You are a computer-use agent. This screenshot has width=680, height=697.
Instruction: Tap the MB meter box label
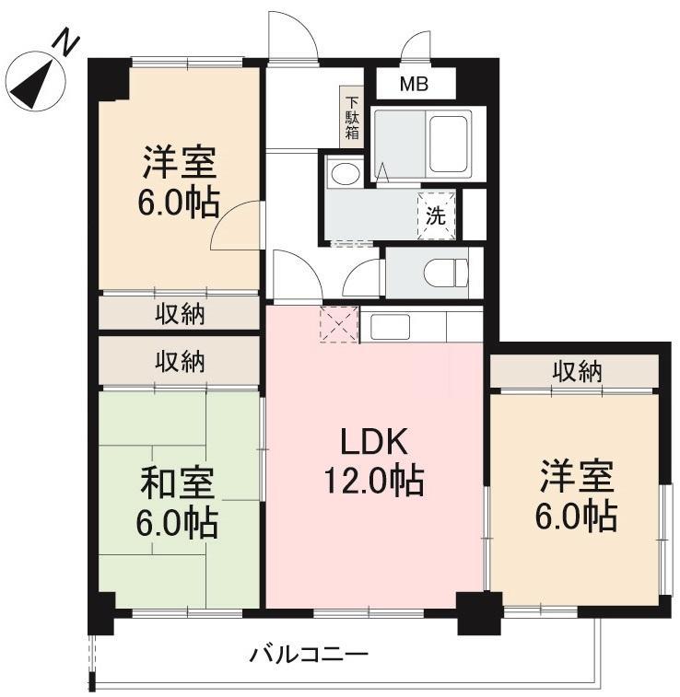point(412,85)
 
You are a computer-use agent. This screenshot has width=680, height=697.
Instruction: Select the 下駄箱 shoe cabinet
point(351,117)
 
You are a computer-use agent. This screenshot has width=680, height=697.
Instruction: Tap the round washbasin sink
point(345,174)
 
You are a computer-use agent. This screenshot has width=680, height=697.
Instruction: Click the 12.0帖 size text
point(372,482)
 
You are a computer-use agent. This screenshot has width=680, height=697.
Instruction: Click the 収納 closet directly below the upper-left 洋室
point(180,314)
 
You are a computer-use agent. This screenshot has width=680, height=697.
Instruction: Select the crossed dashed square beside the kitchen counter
point(337,324)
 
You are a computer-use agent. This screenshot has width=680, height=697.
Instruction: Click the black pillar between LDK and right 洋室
point(480,612)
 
